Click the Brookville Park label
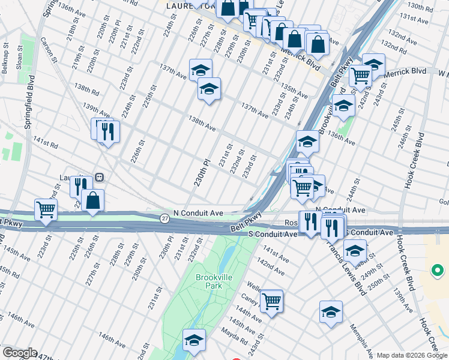pos(209,281)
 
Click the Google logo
pos(19,353)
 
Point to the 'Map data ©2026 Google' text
pos(412,355)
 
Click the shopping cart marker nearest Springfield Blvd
pos(46,209)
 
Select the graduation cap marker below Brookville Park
pos(194,340)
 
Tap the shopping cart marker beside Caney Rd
pos(271,299)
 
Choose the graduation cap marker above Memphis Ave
pos(331,311)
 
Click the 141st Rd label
pos(45,143)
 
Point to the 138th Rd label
pos(86,89)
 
